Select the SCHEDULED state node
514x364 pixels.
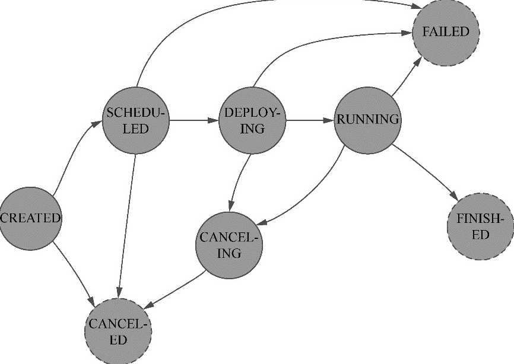click(x=135, y=121)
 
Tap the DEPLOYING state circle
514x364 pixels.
click(x=252, y=121)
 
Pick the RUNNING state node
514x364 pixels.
click(x=367, y=120)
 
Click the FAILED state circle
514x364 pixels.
click(x=446, y=32)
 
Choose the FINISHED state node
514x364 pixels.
click(x=480, y=227)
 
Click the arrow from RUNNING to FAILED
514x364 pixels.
click(x=407, y=77)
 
